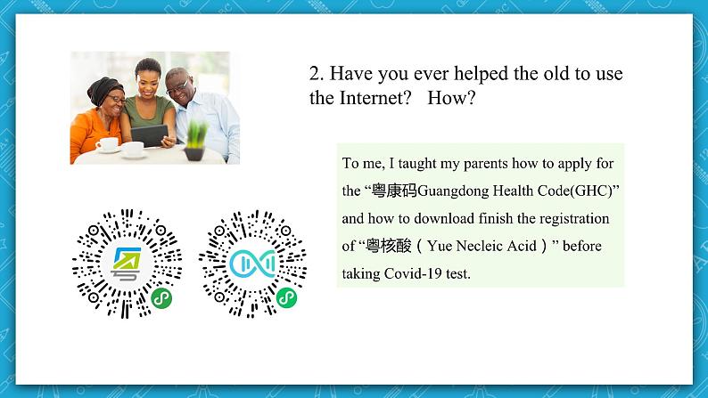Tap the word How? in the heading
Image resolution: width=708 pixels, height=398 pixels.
coord(451,98)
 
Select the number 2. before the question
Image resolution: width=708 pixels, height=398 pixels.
coord(317,73)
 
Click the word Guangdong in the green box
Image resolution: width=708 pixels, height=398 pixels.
coord(453,191)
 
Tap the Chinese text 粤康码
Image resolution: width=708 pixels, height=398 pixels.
coord(394,191)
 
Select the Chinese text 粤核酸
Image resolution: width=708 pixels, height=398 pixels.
coord(389,246)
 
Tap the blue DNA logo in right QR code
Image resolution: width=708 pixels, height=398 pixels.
coord(252,264)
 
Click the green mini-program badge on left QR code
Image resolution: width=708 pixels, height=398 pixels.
coord(161,298)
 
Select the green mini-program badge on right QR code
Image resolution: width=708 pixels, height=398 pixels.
coord(286,297)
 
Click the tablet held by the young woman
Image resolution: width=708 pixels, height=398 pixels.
coord(150,135)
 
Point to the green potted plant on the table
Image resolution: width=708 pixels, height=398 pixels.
coord(196,141)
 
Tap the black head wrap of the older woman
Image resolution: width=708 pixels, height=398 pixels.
coord(103,89)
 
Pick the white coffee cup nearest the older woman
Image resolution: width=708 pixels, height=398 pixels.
coord(108,144)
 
